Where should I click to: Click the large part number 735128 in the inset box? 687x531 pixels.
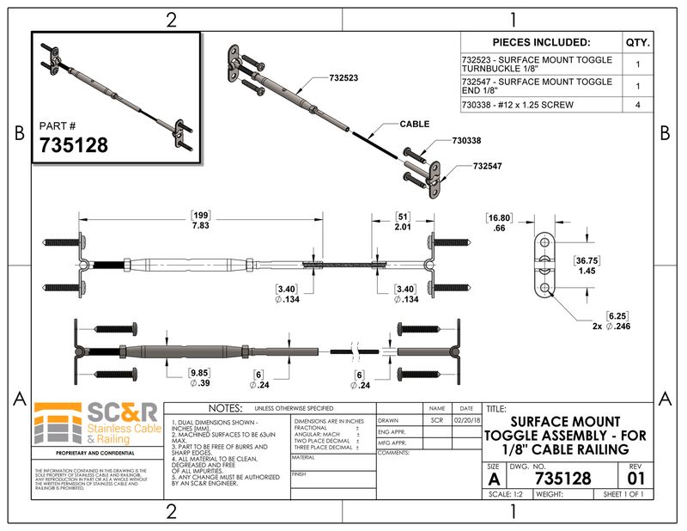coord(74,144)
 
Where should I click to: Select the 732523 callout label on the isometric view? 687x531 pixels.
coord(343,78)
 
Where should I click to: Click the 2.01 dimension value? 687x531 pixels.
coord(404,225)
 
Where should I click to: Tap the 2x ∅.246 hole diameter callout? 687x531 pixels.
coord(611,327)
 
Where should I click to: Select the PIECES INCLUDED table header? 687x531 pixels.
coord(541,42)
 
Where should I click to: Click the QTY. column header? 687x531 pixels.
coord(637,42)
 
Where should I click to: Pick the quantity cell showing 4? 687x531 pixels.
coord(637,105)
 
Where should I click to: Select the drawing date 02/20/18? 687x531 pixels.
coord(466,421)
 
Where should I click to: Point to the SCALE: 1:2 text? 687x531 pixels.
coord(508,494)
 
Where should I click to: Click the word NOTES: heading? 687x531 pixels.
coord(220,407)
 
